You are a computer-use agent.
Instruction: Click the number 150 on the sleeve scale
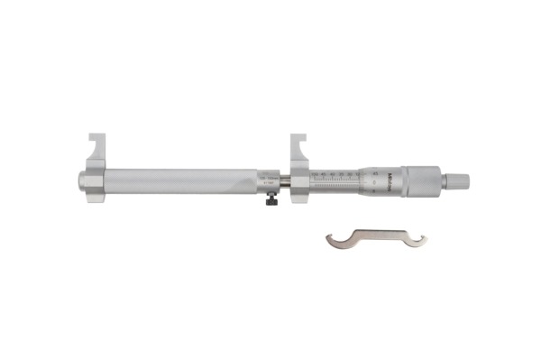[x=315, y=171]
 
